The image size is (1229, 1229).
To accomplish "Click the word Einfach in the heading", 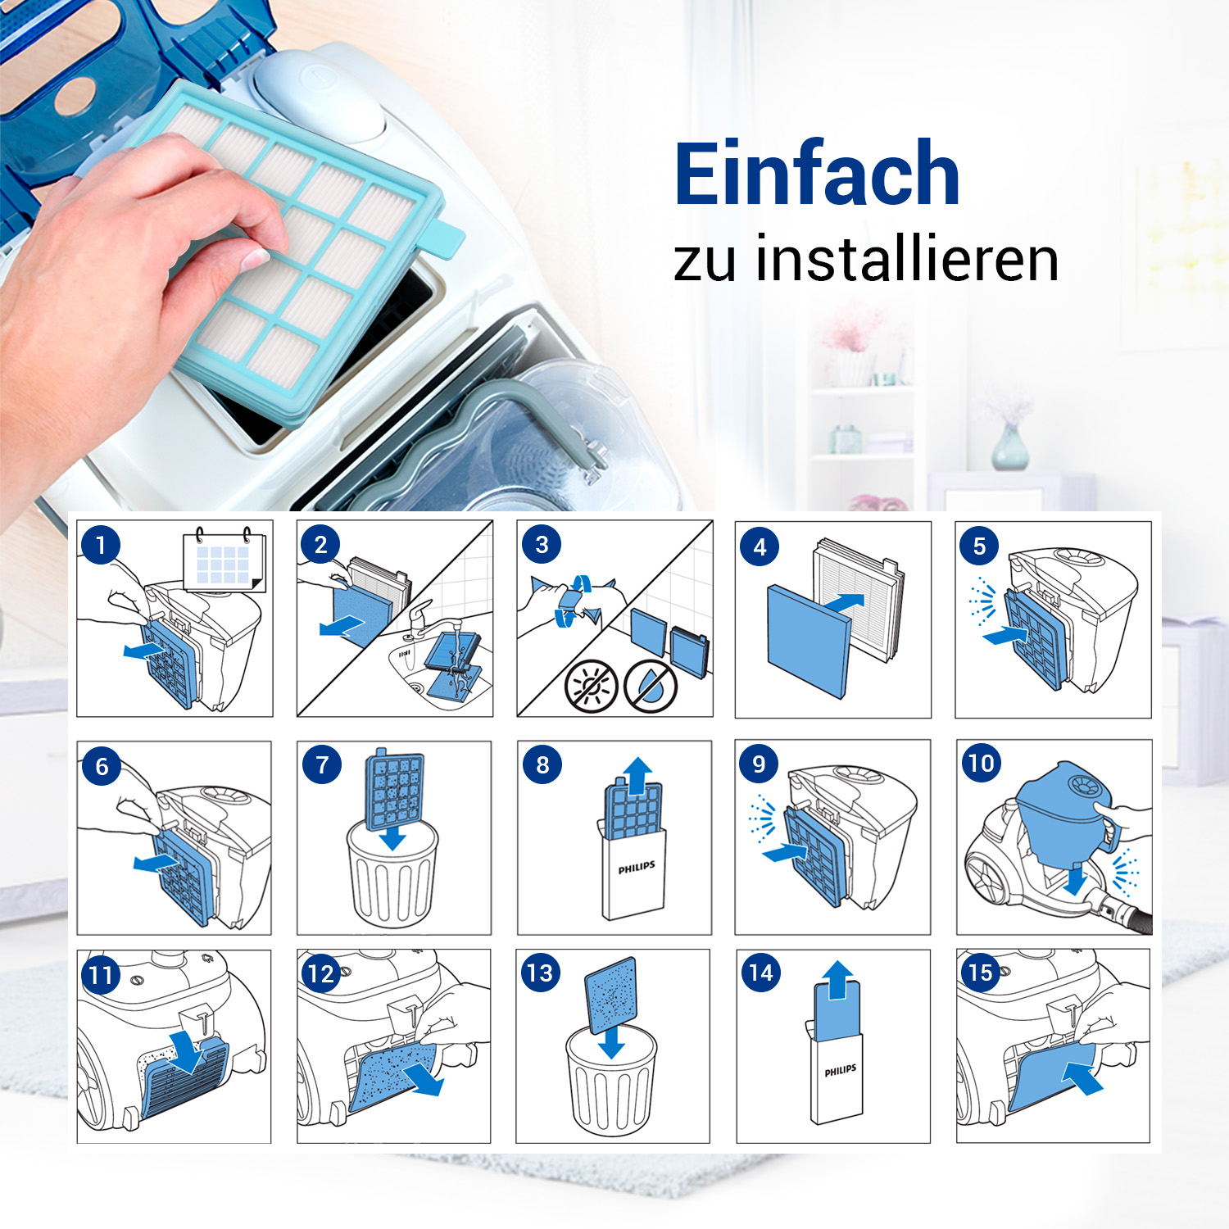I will [816, 175].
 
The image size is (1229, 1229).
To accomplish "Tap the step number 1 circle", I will [101, 545].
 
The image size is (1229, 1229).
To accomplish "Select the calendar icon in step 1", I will [224, 560].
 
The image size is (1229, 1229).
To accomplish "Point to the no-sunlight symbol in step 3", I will [590, 686].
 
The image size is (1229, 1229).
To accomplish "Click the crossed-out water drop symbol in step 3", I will [651, 686].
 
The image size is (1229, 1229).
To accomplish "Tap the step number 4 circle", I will [760, 546].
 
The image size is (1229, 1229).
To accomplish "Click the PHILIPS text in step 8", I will [636, 868].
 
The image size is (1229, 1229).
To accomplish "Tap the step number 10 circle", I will [981, 764].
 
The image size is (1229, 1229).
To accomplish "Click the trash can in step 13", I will [611, 1082].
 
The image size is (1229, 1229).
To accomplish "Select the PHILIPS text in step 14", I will [840, 1071].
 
